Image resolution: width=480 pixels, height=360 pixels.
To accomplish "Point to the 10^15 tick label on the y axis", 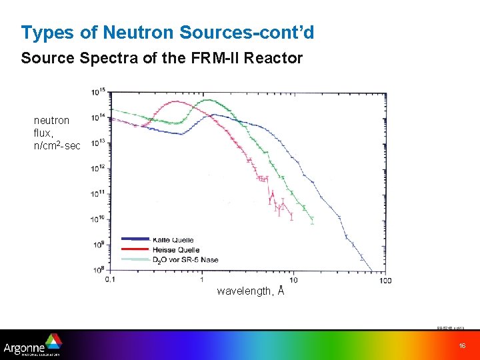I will (x=99, y=91).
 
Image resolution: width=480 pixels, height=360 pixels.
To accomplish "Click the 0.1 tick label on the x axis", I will (x=110, y=279).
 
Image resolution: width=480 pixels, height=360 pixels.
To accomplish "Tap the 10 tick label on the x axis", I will (x=293, y=279).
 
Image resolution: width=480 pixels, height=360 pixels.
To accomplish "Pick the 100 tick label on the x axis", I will (x=385, y=279).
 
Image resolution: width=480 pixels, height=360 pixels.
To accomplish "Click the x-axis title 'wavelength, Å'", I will (x=251, y=291).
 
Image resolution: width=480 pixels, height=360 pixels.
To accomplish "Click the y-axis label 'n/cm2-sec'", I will (x=57, y=145).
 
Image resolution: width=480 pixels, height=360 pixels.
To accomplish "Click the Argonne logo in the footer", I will (x=33, y=345).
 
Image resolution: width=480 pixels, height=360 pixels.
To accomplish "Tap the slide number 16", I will (x=462, y=345).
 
